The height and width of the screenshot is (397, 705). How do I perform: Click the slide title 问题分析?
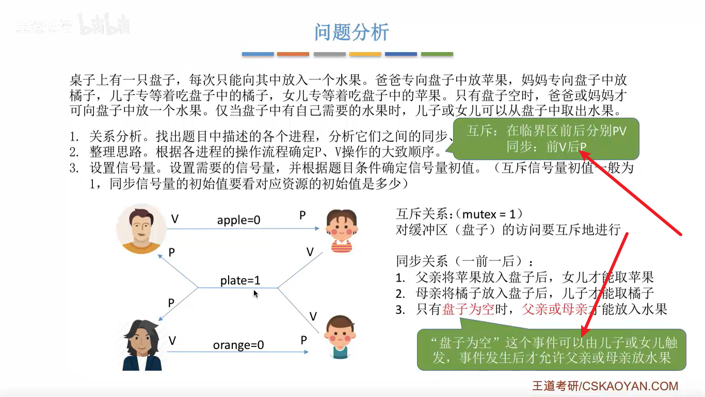pyautogui.click(x=351, y=32)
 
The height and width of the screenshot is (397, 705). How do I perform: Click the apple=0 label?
pyautogui.click(x=238, y=220)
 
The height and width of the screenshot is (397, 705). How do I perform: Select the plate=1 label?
pyautogui.click(x=240, y=280)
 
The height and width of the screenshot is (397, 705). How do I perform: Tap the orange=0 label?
pyautogui.click(x=238, y=344)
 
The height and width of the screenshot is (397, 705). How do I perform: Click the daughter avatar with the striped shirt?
pyautogui.click(x=341, y=231)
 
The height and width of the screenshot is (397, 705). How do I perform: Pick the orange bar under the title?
pyautogui.click(x=293, y=54)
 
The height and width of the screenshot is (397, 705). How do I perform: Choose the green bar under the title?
pyautogui.click(x=437, y=54)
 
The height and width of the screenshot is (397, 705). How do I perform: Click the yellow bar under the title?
pyautogui.click(x=365, y=54)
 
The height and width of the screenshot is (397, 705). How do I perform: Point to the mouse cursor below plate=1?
pyautogui.click(x=255, y=293)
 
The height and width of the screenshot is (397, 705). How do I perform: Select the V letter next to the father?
pyautogui.click(x=174, y=219)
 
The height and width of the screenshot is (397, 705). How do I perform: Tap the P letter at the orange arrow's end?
pyautogui.click(x=304, y=340)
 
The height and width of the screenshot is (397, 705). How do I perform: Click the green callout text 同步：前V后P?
pyautogui.click(x=546, y=146)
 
